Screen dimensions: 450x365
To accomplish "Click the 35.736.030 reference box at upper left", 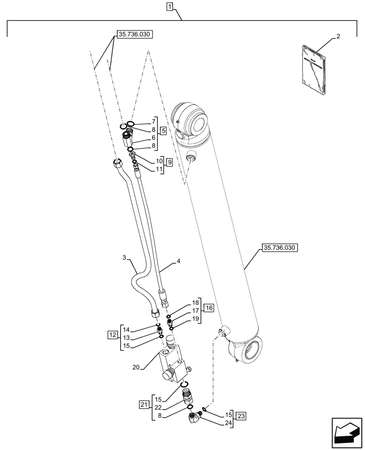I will point(135,34).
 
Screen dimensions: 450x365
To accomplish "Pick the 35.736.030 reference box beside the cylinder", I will point(279,248).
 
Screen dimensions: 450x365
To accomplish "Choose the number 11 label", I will point(159,169).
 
